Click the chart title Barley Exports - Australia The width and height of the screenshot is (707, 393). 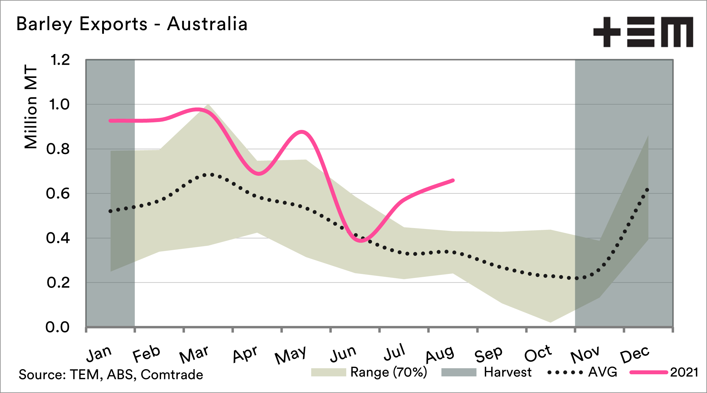[132, 24]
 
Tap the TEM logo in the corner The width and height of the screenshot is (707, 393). [643, 32]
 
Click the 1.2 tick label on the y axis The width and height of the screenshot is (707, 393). [60, 60]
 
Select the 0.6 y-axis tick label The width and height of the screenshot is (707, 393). [58, 194]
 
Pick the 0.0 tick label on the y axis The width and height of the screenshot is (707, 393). [57, 327]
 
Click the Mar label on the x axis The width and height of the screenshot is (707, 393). [194, 354]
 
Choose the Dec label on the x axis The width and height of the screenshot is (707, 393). [634, 354]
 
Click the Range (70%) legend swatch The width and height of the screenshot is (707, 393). [328, 372]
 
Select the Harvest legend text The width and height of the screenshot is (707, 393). [508, 372]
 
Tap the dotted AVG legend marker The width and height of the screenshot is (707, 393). [565, 372]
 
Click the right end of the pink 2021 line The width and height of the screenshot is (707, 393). [453, 181]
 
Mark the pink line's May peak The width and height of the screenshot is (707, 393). [302, 132]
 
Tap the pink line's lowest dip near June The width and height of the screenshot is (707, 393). [361, 241]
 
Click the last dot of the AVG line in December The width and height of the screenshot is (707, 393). [647, 190]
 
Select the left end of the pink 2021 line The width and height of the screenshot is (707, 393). [111, 121]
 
